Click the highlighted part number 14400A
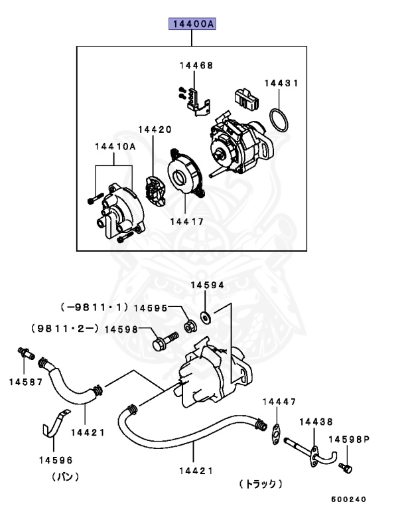[192, 25]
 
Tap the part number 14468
[196, 65]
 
